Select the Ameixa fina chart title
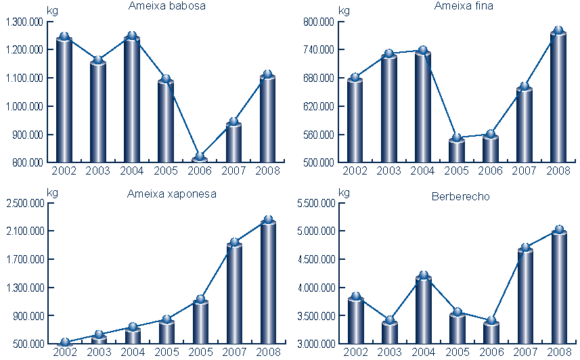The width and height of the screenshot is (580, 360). pyautogui.click(x=464, y=6)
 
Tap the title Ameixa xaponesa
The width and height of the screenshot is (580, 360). pyautogui.click(x=172, y=194)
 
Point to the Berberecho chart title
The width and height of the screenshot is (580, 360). pyautogui.click(x=460, y=197)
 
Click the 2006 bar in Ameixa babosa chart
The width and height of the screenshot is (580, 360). pyautogui.click(x=200, y=160)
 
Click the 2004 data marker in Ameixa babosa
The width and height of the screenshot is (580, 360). pyautogui.click(x=132, y=36)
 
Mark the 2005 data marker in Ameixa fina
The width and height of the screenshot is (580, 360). pyautogui.click(x=457, y=138)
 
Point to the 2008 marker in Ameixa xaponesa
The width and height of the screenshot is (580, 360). pyautogui.click(x=268, y=220)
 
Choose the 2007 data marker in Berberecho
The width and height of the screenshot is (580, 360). pyautogui.click(x=525, y=248)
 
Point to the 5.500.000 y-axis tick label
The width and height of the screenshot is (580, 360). pyautogui.click(x=315, y=203)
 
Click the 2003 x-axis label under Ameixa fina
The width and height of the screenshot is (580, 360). pyautogui.click(x=389, y=170)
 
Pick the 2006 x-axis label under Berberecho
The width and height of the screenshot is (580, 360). pyautogui.click(x=491, y=351)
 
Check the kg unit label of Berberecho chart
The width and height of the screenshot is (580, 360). pyautogui.click(x=344, y=193)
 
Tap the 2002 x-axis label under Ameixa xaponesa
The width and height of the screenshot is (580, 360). pyautogui.click(x=65, y=351)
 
